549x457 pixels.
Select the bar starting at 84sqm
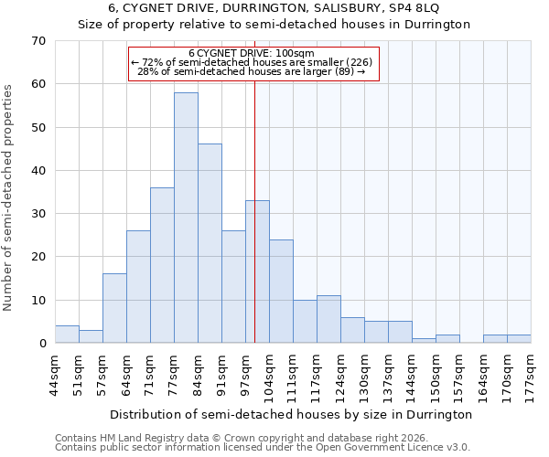pos(210,243)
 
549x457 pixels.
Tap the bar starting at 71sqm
pos(162,265)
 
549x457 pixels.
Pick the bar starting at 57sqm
pos(114,308)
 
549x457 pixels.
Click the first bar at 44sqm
pos(67,335)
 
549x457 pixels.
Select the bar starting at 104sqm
pos(281,292)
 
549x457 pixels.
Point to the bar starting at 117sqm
pos(328,319)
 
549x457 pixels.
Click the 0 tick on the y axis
pos(42,344)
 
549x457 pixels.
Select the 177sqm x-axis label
pos(531,376)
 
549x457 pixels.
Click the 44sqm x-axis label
pos(55,376)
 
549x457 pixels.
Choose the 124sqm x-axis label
pos(340,376)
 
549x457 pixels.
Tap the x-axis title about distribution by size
pos(293,414)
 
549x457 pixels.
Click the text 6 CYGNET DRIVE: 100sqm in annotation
pos(252,53)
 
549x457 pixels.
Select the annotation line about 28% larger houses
pos(252,71)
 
